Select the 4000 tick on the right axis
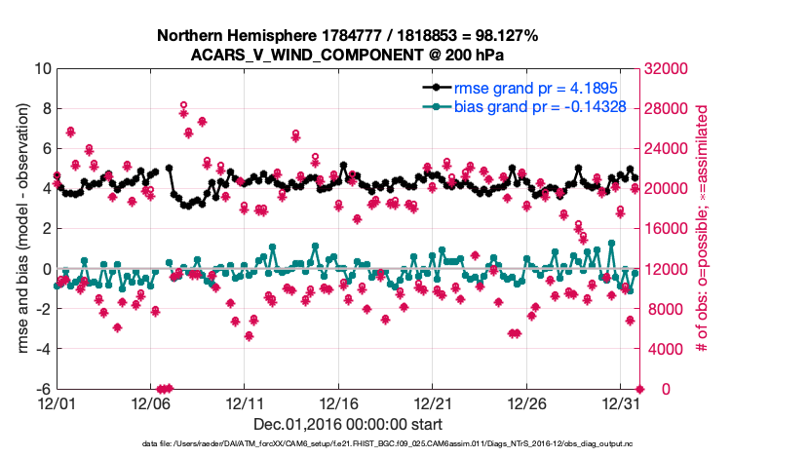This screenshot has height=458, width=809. click(663, 349)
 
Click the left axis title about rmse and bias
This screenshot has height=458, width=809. click(19, 229)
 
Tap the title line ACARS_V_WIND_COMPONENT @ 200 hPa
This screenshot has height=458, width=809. click(346, 54)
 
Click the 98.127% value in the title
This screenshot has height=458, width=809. click(498, 36)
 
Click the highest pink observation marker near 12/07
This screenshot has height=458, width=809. click(183, 105)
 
